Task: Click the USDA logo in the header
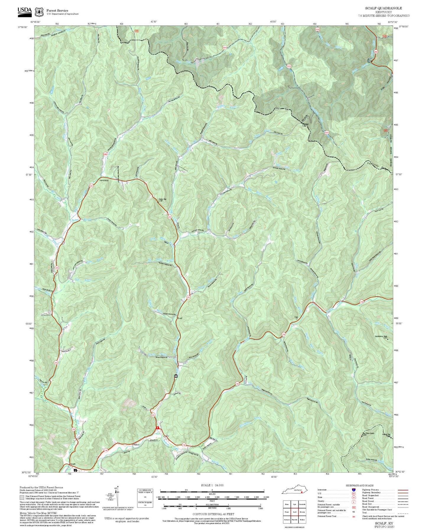[25, 11]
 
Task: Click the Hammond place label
[104, 180]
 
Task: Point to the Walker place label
[136, 444]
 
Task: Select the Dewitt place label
[73, 464]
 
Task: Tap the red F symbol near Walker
[158, 427]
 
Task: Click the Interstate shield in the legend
[354, 490]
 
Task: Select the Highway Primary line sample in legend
[403, 490]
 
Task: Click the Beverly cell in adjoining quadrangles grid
[302, 512]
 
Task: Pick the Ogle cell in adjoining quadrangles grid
[294, 504]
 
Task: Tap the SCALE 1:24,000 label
[212, 485]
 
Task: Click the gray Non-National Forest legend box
[22, 497]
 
